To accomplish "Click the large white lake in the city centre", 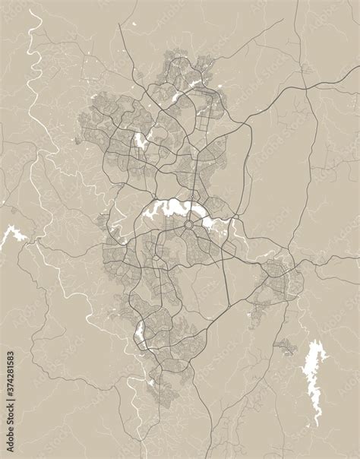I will (172, 208).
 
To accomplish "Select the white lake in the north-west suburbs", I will (140, 140).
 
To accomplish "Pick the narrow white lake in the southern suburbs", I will (139, 331).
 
